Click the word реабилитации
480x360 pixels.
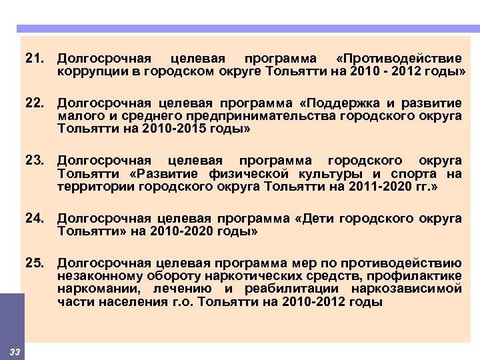click(293, 289)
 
